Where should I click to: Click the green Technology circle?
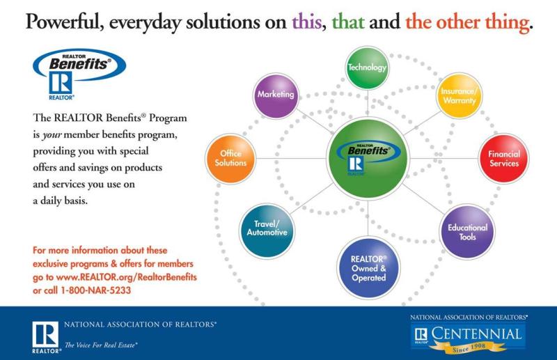coord(368,68)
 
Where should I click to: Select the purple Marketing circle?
coord(276,95)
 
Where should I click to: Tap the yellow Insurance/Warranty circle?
coord(460,95)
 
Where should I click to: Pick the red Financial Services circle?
coord(503,159)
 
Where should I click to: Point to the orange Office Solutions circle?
coord(230,159)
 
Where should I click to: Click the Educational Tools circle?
coord(467,232)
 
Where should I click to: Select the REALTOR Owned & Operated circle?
coord(368,268)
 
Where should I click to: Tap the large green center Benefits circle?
coord(368,159)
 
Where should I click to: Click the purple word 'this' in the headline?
coord(307,22)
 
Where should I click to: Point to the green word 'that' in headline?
coord(347,22)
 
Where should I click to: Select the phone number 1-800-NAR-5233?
coord(96,290)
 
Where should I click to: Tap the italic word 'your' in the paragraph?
coord(52,135)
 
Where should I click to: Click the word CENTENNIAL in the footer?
coord(476,334)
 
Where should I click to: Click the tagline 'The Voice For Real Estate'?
coord(101,345)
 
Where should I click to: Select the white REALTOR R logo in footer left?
coord(46,334)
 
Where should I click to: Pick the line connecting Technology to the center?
coord(368,104)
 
